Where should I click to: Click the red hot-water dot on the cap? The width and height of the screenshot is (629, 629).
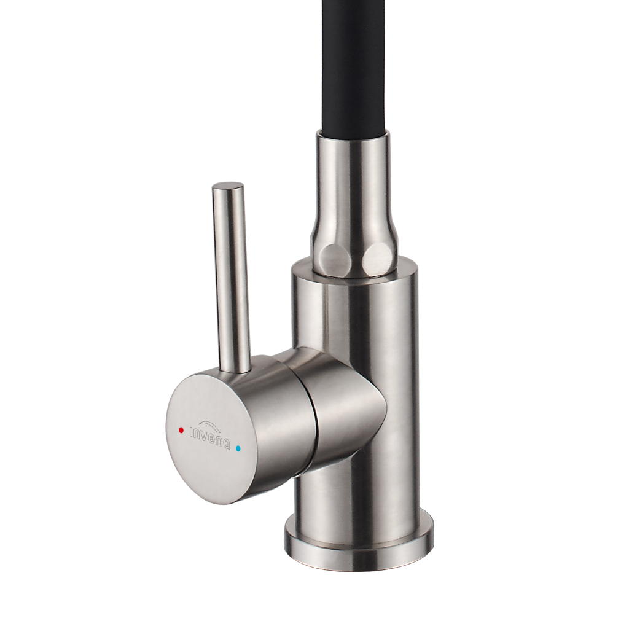[x=181, y=430]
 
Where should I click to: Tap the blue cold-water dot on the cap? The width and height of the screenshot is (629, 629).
[x=240, y=448]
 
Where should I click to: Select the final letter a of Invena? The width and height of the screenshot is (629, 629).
[x=227, y=445]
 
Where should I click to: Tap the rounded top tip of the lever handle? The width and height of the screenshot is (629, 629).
[x=227, y=186]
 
